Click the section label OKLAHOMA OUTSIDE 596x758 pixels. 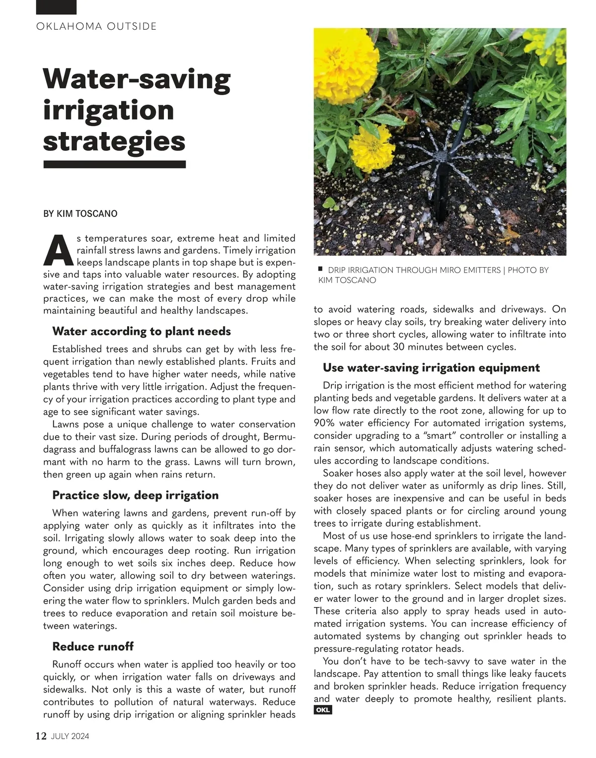pos(96,26)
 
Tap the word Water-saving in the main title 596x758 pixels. pos(137,79)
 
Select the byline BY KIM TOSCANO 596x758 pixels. pos(80,214)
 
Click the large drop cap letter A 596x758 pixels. pos(58,251)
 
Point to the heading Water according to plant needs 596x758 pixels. pos(142,331)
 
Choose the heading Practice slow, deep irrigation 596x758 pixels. pos(135,495)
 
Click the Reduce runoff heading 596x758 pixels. pos(93,646)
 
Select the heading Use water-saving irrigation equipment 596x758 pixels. pos(431,368)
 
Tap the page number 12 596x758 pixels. pos(41,736)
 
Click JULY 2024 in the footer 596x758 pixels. pos(70,736)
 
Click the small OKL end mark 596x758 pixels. pos(323,710)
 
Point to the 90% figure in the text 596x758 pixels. pos(325,423)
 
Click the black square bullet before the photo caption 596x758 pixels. pos(321,269)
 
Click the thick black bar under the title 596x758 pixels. pos(115,164)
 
